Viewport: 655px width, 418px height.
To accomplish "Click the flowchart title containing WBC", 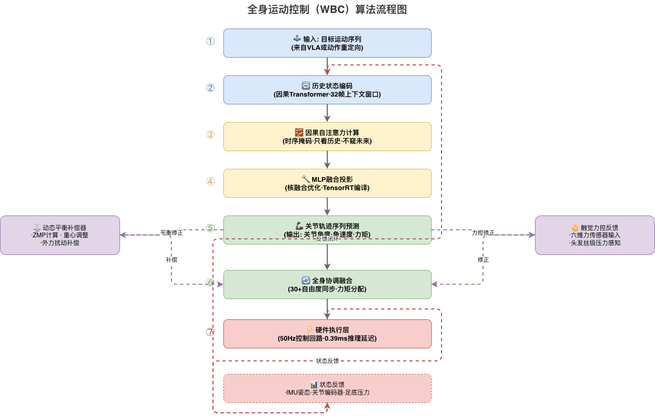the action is point(327,9).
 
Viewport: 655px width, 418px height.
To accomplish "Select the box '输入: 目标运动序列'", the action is point(327,43).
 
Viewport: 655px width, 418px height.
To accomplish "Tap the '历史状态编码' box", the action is point(327,90).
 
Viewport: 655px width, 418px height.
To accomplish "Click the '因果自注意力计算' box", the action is point(327,137).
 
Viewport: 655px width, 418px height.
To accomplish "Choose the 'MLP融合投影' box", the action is point(327,183).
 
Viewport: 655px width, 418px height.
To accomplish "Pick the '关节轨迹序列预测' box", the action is point(327,230).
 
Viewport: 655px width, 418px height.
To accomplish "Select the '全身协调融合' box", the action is point(327,285).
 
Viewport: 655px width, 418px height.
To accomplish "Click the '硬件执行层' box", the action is point(327,334).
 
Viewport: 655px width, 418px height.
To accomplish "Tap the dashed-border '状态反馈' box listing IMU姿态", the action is point(327,388).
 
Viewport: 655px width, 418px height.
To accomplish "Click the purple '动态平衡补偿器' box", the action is point(60,235).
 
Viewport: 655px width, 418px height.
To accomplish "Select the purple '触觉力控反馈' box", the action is point(595,235).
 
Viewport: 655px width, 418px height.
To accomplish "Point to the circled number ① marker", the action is point(210,41).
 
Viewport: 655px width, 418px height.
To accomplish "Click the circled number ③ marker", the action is point(210,134).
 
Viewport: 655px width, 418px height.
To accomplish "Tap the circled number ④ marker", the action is point(210,181).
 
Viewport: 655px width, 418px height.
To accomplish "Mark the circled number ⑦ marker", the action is point(210,332).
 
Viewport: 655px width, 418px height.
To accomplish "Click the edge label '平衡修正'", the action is point(171,233).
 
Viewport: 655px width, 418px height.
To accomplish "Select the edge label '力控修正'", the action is point(483,233).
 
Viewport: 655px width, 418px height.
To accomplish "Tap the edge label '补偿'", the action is point(171,260).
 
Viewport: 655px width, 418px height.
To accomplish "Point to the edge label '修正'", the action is point(483,260).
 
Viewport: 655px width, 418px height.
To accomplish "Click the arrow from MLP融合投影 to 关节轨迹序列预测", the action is point(327,206).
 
